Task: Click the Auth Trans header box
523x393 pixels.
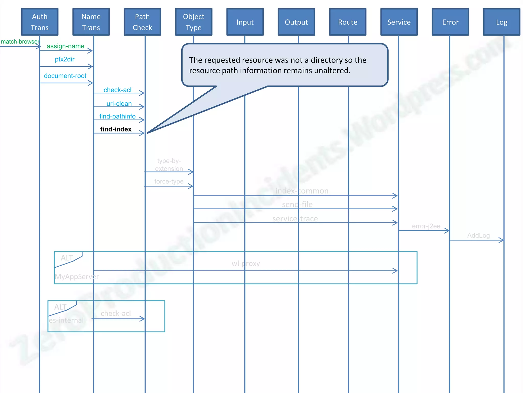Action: (x=40, y=22)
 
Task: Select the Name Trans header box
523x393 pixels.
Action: (x=91, y=22)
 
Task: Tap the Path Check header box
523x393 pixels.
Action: (x=142, y=22)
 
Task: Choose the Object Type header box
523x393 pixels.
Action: (x=194, y=22)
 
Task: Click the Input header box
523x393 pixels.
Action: (x=245, y=22)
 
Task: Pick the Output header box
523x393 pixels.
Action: (x=296, y=22)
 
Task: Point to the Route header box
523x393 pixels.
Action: (x=348, y=22)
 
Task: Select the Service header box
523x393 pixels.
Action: (x=399, y=22)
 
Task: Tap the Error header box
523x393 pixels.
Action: (x=450, y=22)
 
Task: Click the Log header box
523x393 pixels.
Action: (x=502, y=22)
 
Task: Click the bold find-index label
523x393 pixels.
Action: (x=116, y=129)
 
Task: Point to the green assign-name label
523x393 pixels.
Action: (x=65, y=46)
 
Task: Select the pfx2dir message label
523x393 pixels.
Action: (x=65, y=59)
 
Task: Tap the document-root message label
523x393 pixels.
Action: (x=65, y=76)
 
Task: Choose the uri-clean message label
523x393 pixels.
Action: (x=119, y=104)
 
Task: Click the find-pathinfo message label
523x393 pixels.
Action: (x=117, y=116)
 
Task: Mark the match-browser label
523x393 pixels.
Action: (x=20, y=42)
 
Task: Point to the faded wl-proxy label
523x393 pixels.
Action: (x=246, y=264)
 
